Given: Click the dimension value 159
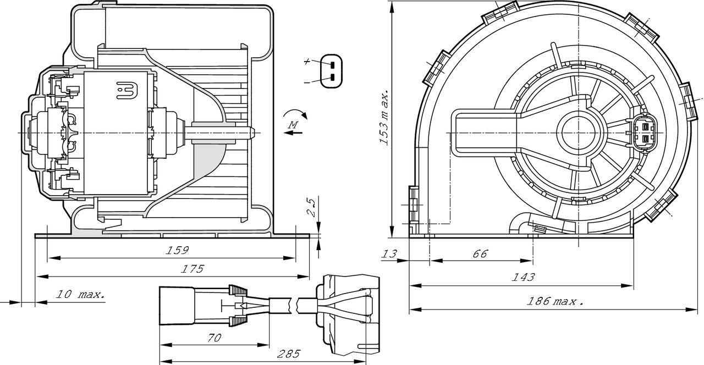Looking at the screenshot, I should click(178, 250).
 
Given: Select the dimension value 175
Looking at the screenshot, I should click(192, 269).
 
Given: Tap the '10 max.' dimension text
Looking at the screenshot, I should click(80, 295).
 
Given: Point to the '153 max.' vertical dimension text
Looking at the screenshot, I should click(386, 117).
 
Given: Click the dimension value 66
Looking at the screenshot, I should click(480, 253).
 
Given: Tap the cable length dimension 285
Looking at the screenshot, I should click(288, 354).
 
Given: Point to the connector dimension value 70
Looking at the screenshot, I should click(215, 338).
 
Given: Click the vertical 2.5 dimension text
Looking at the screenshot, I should click(311, 208).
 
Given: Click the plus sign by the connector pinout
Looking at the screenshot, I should click(306, 62).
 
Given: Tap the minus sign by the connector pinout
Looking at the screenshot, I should click(306, 82).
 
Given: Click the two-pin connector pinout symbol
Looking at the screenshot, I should click(332, 70).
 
